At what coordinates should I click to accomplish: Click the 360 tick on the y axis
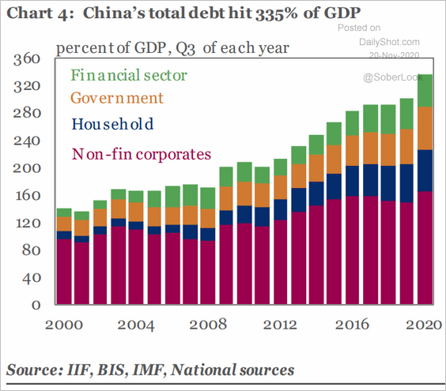tap(27, 60)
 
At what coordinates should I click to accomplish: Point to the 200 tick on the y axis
tap(27, 169)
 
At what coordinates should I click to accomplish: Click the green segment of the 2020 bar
tap(425, 91)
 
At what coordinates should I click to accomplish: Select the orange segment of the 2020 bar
tap(425, 128)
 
